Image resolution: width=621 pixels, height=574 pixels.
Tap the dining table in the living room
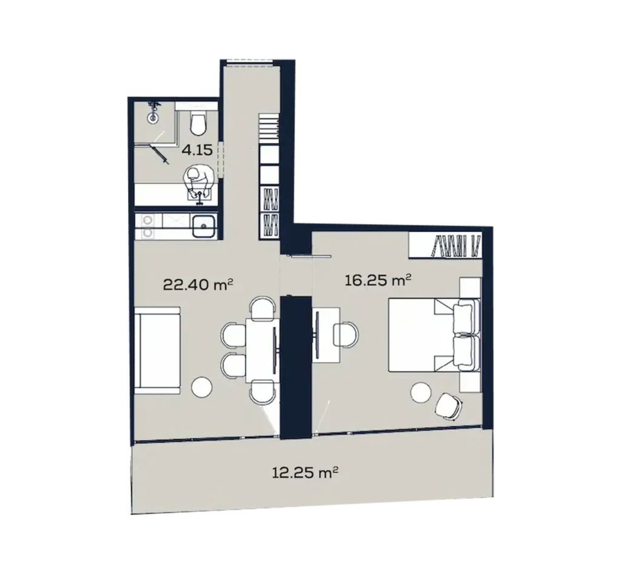[x=262, y=350]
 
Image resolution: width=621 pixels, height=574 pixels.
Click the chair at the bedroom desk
[x=346, y=334]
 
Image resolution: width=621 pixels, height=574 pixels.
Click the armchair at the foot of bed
[x=449, y=405]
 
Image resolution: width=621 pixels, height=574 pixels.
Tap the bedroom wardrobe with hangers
[x=446, y=246]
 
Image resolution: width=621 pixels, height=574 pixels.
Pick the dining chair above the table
[x=262, y=307]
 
